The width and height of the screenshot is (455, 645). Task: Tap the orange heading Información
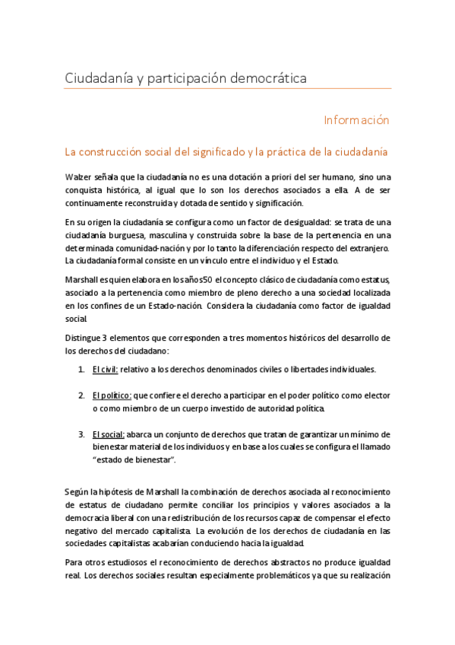[x=356, y=120]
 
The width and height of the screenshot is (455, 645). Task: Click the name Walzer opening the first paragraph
[x=78, y=177]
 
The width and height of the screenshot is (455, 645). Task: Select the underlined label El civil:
[x=105, y=369]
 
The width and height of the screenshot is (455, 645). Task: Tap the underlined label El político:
[x=112, y=396]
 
